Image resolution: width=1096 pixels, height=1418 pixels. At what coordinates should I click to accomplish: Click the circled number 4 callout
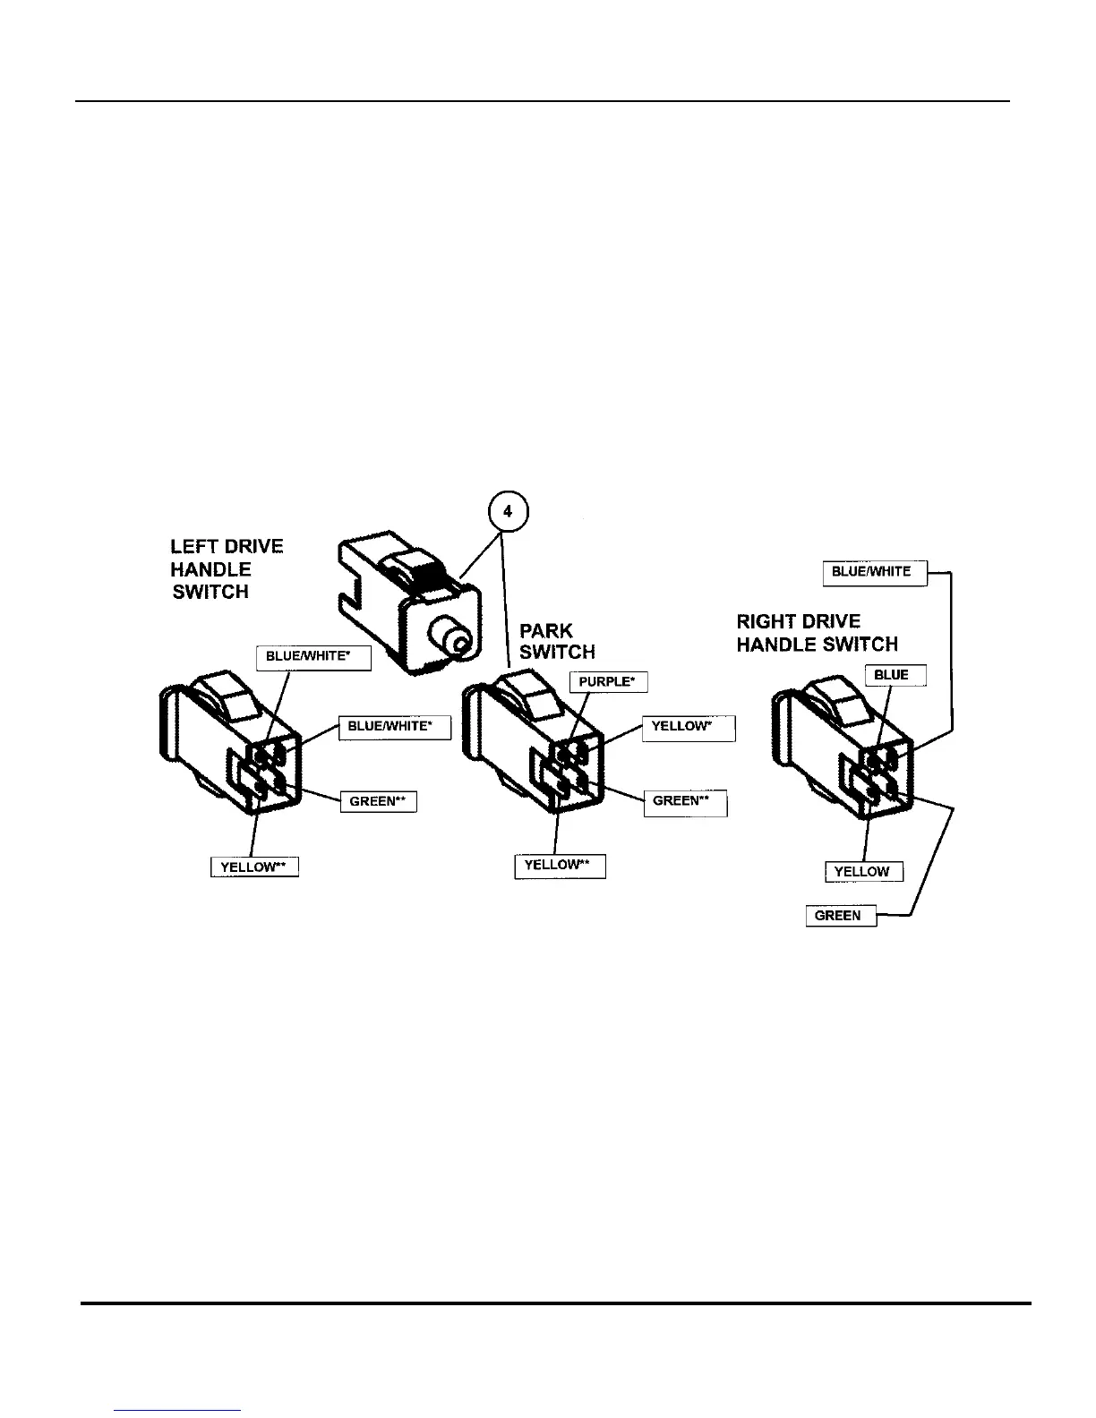point(508,512)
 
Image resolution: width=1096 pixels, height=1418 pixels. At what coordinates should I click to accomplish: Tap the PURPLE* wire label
point(608,681)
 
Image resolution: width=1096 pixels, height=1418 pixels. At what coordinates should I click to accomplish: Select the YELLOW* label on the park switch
point(688,727)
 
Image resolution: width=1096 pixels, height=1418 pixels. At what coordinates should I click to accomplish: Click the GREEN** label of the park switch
point(685,802)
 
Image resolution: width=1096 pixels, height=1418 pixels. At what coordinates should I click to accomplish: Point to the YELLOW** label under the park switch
point(560,866)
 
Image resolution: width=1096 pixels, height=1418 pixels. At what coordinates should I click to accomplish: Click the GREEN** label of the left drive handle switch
point(378,801)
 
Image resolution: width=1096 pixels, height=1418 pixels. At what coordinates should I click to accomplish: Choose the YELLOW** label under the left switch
point(254,867)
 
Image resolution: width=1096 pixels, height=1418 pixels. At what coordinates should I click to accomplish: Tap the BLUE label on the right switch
point(895,675)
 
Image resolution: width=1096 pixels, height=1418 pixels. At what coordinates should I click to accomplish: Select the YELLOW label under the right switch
point(862,871)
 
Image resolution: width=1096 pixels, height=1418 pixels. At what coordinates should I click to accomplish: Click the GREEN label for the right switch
point(840,916)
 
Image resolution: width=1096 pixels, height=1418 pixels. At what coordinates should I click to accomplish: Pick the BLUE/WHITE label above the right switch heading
point(874,572)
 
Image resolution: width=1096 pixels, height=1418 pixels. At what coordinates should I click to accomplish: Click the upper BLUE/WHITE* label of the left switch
point(313,657)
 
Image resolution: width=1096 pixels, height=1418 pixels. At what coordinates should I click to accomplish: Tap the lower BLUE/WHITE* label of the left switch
point(394,726)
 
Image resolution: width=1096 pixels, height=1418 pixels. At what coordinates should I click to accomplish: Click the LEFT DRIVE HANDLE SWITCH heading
point(226,569)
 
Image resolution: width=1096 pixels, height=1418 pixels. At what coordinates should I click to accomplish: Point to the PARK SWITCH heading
point(556,641)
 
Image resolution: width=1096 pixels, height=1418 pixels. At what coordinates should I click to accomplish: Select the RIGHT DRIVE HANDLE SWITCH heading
point(816,633)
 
